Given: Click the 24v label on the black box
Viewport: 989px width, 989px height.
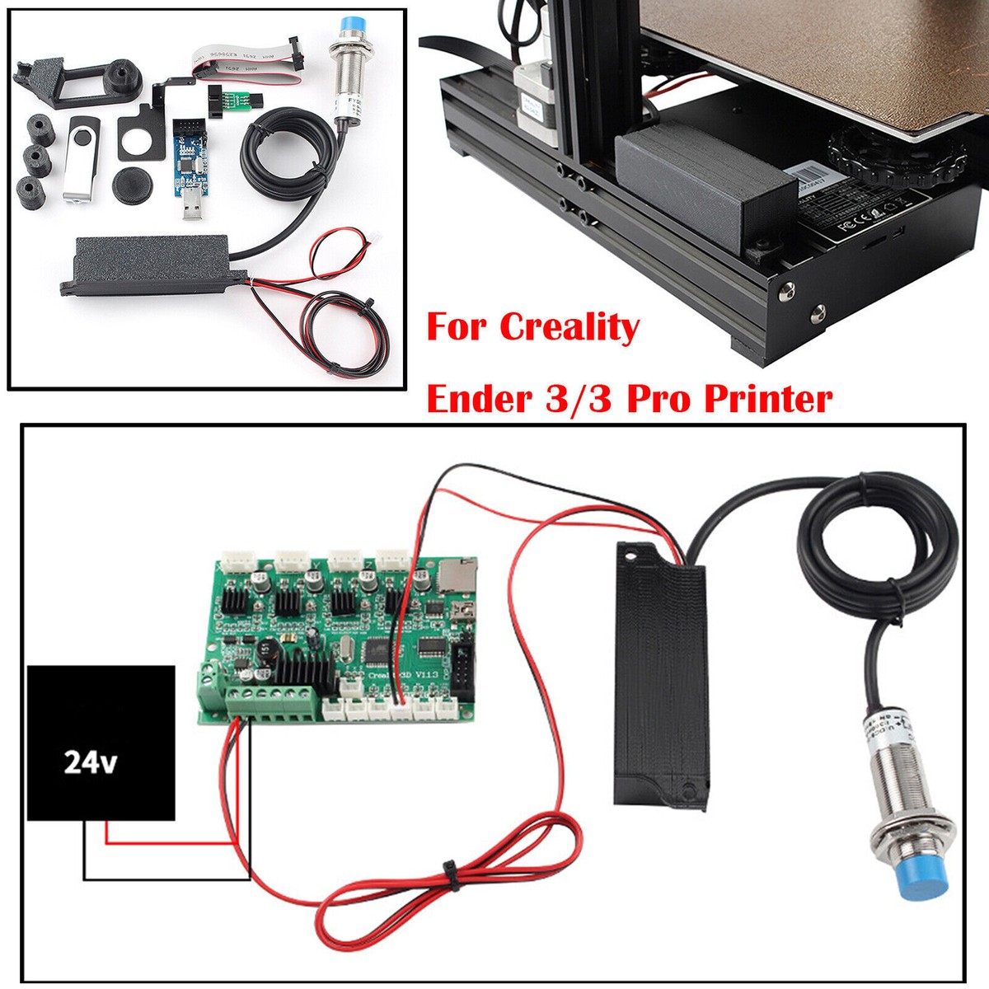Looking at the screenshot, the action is click(91, 763).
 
